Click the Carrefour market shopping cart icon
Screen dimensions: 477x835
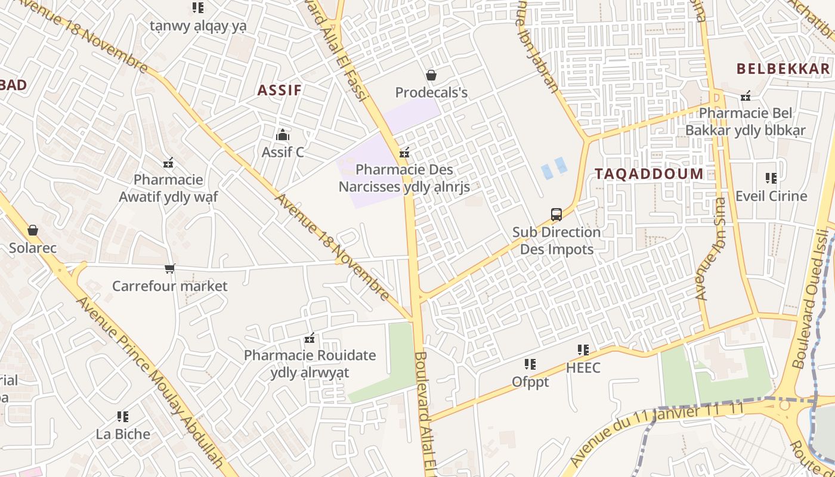tap(170, 269)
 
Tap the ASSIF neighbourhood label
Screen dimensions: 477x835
tap(279, 91)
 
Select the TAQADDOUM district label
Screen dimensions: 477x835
tap(649, 174)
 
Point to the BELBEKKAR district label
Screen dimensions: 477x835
tap(783, 69)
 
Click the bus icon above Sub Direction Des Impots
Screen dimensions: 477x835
tap(556, 215)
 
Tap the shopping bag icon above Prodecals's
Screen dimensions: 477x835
tap(431, 75)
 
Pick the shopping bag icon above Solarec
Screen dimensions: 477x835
tap(33, 230)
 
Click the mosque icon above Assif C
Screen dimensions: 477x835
tap(283, 135)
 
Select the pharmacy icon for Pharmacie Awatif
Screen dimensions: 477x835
tap(168, 163)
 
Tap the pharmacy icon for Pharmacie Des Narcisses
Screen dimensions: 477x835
tap(404, 153)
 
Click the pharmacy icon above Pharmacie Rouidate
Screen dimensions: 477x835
tap(310, 339)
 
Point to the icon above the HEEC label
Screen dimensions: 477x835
tap(583, 350)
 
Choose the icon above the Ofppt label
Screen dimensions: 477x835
tap(530, 364)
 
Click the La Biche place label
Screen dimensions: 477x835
tap(123, 434)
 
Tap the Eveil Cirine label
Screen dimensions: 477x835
tap(771, 196)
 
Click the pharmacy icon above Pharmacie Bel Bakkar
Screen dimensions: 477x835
tap(746, 96)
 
